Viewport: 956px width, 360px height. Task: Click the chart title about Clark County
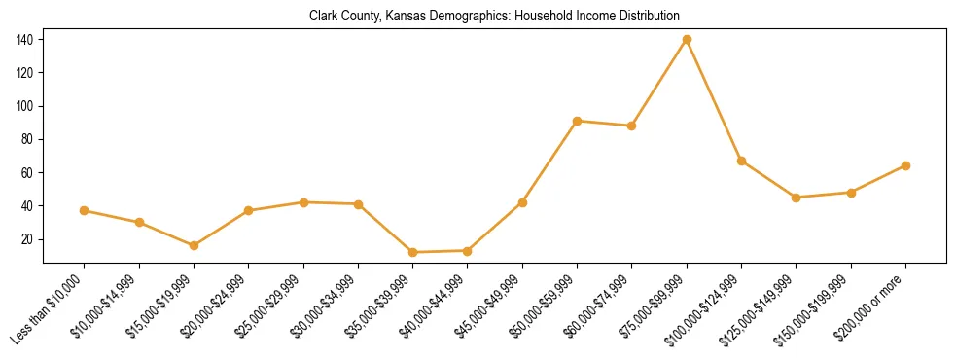point(494,17)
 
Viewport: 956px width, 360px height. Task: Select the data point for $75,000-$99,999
point(687,39)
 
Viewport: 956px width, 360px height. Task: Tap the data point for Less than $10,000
point(85,210)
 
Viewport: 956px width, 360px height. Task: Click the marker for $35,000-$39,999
point(413,252)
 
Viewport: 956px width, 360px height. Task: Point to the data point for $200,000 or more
point(905,165)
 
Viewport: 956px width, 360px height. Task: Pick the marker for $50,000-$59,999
point(578,121)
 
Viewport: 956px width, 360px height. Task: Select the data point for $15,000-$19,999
point(195,245)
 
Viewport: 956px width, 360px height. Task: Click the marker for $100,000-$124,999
point(741,161)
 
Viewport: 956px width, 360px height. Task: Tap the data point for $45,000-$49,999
point(522,202)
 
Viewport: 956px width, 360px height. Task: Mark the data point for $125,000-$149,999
point(797,198)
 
